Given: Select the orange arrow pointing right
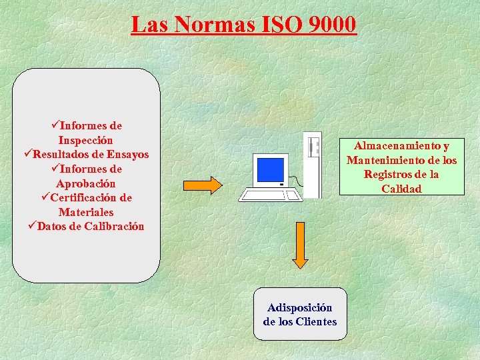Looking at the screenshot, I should [x=202, y=185].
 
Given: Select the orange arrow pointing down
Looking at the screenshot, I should [x=301, y=245].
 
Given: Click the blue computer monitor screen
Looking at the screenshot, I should [x=271, y=170].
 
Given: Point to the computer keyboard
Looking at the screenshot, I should [x=269, y=195].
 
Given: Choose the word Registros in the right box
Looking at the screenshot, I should [x=387, y=175].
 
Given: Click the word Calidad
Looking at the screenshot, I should [x=401, y=189].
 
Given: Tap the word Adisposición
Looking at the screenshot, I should [x=299, y=307].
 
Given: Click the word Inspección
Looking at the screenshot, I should [x=85, y=140].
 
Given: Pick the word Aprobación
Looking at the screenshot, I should [x=85, y=183].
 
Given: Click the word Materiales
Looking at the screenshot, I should [x=85, y=212].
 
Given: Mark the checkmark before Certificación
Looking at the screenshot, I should [x=45, y=197].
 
